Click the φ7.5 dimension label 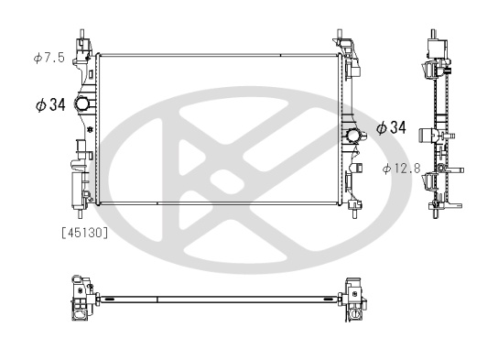point(49,58)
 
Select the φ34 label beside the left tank point(50,104)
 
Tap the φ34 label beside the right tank point(391,127)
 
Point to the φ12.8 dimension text point(402,169)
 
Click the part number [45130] point(85,233)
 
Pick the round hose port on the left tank point(82,104)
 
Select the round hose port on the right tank point(352,135)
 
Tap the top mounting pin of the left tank point(81,34)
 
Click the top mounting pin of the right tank point(340,34)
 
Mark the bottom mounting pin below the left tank point(80,213)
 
